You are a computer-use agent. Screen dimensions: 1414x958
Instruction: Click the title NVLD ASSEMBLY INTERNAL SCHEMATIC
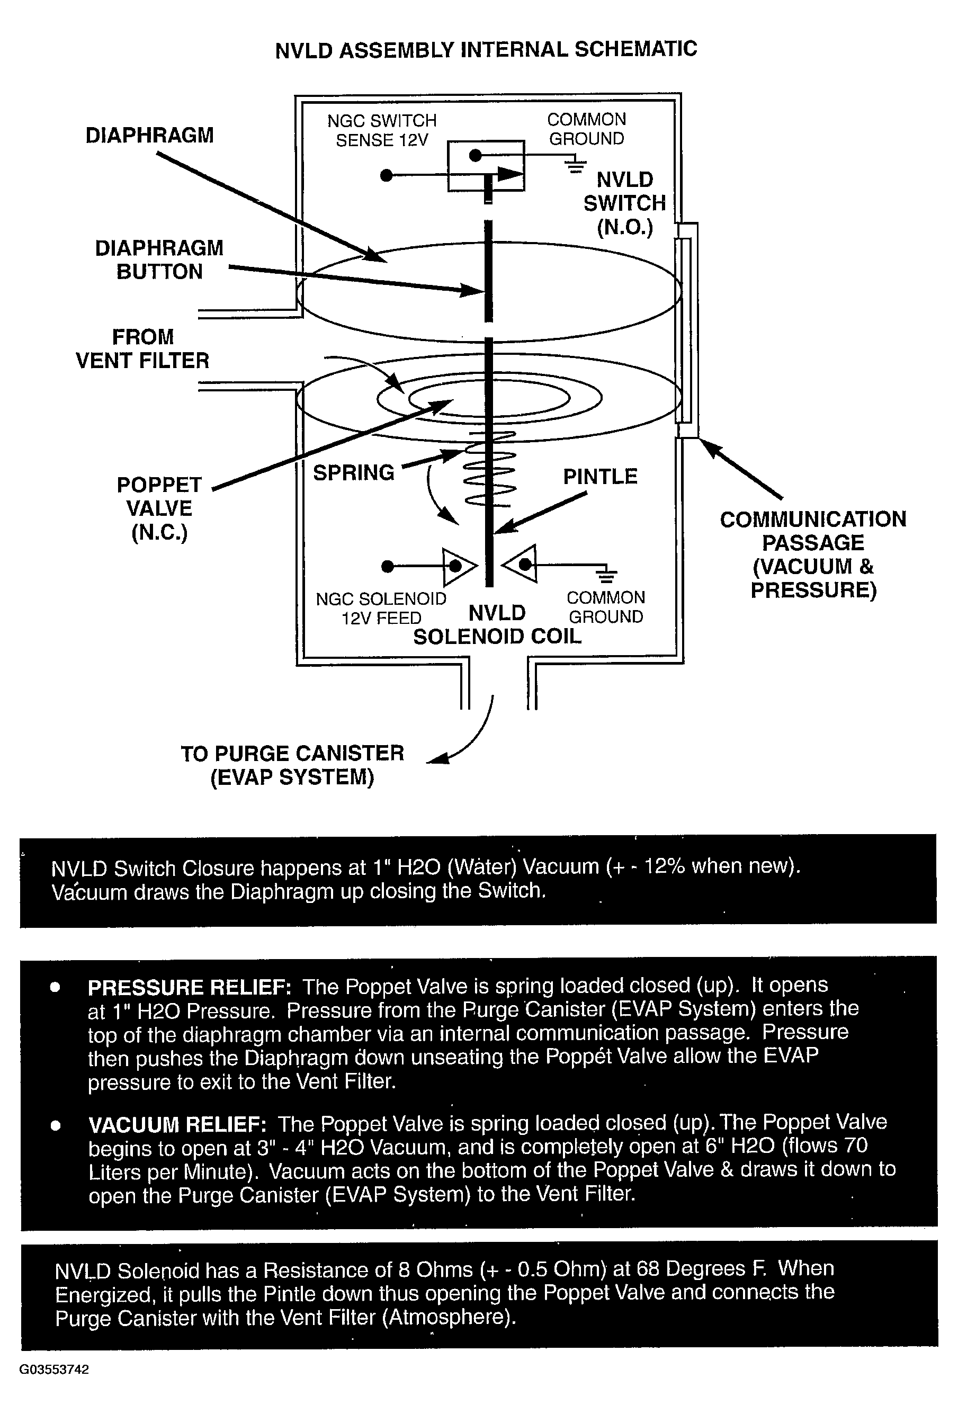(x=486, y=49)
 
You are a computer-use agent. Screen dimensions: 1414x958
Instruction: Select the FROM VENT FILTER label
(x=142, y=348)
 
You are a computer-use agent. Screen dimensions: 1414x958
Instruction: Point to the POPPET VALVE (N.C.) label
(x=159, y=508)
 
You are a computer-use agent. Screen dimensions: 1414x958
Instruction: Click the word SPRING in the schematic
(x=353, y=473)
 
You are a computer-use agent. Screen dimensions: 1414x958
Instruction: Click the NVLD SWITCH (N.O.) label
(x=625, y=203)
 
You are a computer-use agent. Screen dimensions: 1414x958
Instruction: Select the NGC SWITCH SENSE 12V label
(x=382, y=130)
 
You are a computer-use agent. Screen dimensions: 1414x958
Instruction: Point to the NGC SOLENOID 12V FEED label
(x=381, y=608)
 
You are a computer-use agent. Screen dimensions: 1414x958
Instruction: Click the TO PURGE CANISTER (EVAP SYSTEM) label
(x=292, y=765)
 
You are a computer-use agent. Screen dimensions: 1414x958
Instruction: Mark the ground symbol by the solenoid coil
(x=606, y=573)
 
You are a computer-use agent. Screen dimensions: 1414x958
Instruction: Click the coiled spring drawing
(x=490, y=469)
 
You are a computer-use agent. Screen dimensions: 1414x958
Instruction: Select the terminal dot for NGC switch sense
(x=386, y=176)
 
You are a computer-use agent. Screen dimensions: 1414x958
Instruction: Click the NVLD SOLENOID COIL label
(x=497, y=625)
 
